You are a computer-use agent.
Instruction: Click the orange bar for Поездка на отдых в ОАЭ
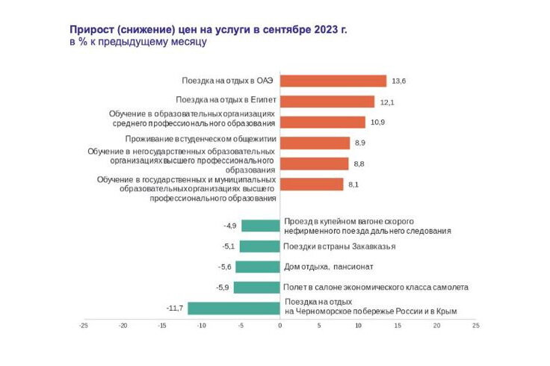333,81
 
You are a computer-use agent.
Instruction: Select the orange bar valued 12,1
327,102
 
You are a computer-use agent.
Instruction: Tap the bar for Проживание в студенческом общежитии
315,143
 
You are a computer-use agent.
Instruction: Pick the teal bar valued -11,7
234,308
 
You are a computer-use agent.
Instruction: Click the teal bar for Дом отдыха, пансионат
258,267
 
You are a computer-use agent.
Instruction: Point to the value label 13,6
398,81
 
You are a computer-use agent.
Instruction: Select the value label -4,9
230,226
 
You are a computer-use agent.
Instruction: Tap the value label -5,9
223,288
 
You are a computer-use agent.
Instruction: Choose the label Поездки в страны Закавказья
339,246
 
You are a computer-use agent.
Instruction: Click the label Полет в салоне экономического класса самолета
376,288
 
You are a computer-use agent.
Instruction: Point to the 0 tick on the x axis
280,325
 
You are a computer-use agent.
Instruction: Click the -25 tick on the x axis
84,325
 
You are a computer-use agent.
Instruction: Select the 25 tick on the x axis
476,325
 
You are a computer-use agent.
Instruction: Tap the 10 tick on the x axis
358,325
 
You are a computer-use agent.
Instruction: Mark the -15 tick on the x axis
162,325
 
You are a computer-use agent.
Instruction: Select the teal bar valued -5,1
260,246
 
